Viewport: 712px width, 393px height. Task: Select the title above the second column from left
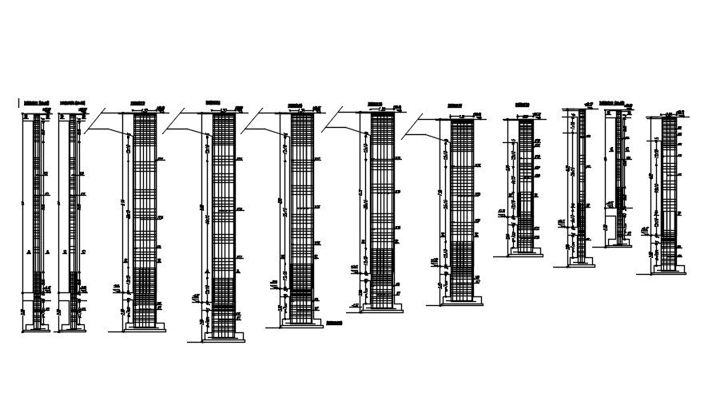coord(74,103)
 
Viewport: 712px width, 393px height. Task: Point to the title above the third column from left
coord(138,103)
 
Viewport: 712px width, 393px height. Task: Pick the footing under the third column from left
coord(145,327)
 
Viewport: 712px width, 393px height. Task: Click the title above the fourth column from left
coord(213,103)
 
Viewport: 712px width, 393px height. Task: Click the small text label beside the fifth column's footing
coord(335,323)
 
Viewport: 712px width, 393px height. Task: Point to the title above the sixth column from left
coord(374,103)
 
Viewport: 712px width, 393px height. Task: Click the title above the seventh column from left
coord(455,105)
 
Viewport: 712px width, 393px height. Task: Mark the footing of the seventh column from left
coord(462,301)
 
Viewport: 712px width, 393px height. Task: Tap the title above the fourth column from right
coord(523,104)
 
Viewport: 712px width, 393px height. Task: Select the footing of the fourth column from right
coord(525,253)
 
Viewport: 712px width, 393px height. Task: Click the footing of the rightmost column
coord(668,271)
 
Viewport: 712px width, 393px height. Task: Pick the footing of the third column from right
coord(581,264)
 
